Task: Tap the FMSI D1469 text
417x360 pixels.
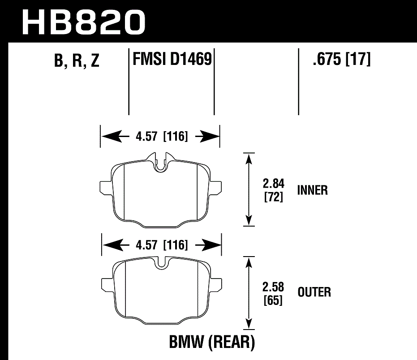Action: pyautogui.click(x=172, y=59)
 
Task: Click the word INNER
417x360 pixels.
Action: pyautogui.click(x=312, y=190)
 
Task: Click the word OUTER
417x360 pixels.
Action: pyautogui.click(x=314, y=292)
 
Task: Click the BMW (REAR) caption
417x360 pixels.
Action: pyautogui.click(x=211, y=343)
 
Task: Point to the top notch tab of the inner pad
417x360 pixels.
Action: pyautogui.click(x=159, y=159)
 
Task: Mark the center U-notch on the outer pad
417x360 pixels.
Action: pyautogui.click(x=162, y=263)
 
